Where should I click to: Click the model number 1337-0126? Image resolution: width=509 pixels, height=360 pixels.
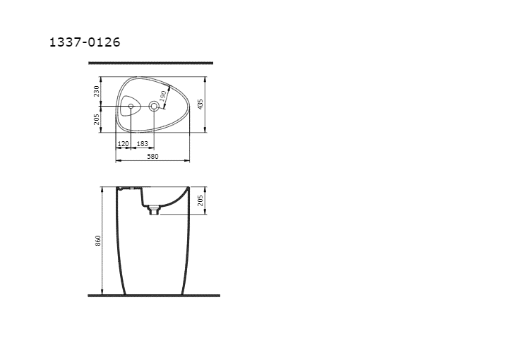click(85, 42)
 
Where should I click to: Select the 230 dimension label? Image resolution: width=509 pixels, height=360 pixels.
click(96, 91)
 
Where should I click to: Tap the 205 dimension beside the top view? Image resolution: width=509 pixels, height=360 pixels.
click(96, 119)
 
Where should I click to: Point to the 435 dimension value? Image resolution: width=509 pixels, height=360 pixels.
click(200, 104)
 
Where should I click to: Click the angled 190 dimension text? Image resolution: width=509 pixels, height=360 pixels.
click(163, 96)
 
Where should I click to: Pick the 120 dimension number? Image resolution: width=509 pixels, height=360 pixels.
click(123, 143)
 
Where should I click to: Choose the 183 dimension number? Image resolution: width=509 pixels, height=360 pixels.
click(142, 143)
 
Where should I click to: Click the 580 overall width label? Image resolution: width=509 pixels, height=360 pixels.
click(152, 157)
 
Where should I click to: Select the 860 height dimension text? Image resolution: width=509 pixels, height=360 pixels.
click(98, 241)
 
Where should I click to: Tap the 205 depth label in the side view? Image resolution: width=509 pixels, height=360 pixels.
click(200, 200)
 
